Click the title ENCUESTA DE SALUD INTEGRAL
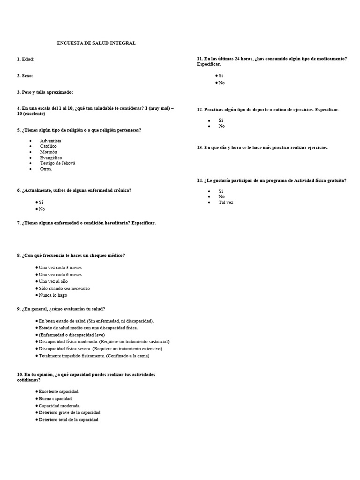click(x=96, y=43)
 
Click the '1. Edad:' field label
click(x=26, y=59)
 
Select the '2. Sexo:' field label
click(x=25, y=75)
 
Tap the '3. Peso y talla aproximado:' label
click(x=45, y=92)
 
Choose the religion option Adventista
click(x=51, y=141)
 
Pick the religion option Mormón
click(x=49, y=152)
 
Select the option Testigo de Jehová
click(x=57, y=163)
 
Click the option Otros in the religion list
click(x=46, y=169)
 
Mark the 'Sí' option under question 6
click(x=41, y=202)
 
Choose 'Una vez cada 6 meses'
click(x=60, y=274)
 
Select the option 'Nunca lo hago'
click(x=52, y=295)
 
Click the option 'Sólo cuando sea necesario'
click(x=64, y=288)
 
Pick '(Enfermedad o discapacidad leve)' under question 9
click(x=71, y=335)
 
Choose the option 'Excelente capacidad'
click(x=58, y=391)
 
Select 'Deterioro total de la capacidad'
click(x=68, y=420)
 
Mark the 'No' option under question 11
click(x=221, y=82)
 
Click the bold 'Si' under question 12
click(x=221, y=120)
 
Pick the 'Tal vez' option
click(x=225, y=202)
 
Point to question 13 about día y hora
click(x=262, y=147)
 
